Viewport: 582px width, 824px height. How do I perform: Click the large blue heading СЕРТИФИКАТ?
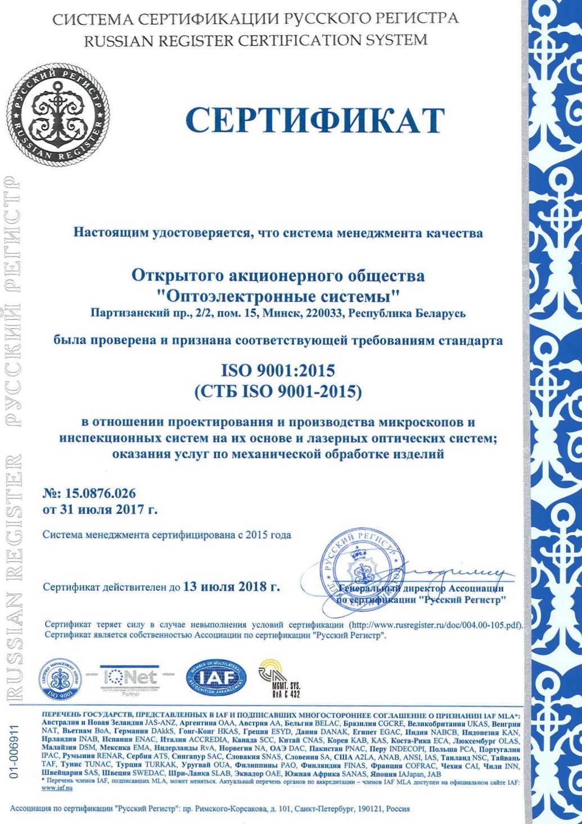315,120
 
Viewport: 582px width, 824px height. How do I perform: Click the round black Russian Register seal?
58,115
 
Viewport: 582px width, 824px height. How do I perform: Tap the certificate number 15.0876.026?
101,493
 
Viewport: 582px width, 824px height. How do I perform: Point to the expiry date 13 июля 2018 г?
231,587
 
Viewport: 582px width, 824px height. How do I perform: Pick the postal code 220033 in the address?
323,313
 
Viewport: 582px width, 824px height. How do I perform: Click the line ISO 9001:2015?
278,371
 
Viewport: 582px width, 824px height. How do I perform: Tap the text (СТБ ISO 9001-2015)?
278,391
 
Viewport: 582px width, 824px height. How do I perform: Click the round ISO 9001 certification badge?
60,679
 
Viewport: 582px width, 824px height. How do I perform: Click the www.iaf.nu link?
57,788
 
